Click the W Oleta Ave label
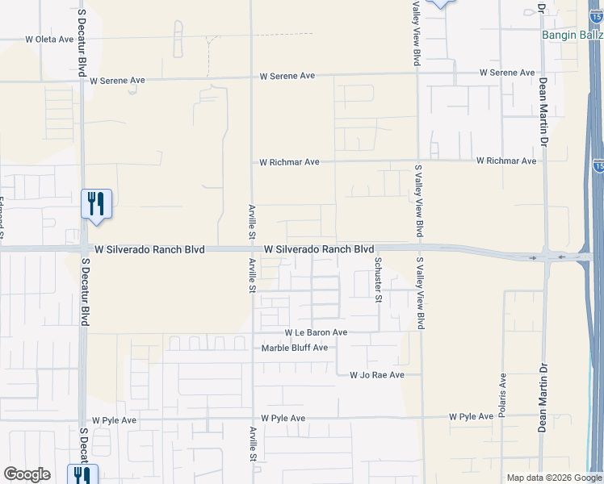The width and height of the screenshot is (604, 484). pos(49,39)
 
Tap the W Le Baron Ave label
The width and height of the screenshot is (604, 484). pos(316,332)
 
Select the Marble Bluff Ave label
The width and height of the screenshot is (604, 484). pos(295,348)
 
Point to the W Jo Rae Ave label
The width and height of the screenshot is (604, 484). pos(382,375)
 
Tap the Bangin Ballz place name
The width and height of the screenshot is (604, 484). pos(572,35)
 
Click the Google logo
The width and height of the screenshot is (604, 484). pos(27,474)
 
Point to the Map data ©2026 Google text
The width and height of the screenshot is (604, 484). pos(553,478)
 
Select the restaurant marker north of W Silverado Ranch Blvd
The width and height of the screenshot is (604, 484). pos(96,205)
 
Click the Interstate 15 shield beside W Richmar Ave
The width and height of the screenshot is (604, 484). pos(598,165)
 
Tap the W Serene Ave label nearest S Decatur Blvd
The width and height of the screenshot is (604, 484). pos(117,81)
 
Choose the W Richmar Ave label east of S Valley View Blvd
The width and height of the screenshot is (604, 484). pos(506,161)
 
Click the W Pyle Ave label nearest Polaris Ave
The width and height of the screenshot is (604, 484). pos(471,416)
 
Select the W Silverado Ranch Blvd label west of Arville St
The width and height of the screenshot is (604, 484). pos(149,250)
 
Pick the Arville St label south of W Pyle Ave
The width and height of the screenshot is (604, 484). pos(253,444)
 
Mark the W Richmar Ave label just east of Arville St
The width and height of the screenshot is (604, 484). pos(289,162)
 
